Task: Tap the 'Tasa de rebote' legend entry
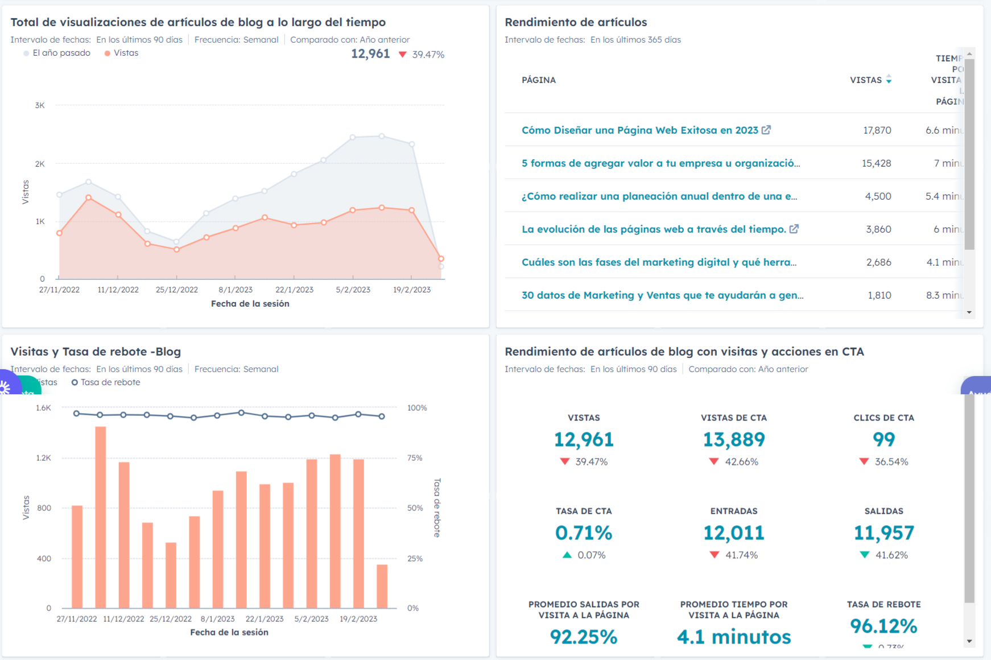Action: click(x=110, y=382)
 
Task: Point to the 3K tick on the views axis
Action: click(x=40, y=105)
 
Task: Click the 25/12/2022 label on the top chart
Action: click(x=176, y=290)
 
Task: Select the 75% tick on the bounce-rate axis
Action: click(x=415, y=458)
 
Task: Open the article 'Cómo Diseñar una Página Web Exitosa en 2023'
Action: click(x=639, y=130)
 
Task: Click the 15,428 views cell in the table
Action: click(x=876, y=163)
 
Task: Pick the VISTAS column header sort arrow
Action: click(x=889, y=80)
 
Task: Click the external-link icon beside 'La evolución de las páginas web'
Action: click(x=794, y=229)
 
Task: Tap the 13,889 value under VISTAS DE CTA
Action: click(x=734, y=439)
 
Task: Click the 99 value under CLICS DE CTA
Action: click(x=883, y=439)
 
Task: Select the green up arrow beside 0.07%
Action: click(x=567, y=555)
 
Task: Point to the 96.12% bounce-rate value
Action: click(x=883, y=626)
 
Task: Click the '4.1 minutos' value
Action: click(x=734, y=637)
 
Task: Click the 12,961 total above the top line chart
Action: click(x=370, y=54)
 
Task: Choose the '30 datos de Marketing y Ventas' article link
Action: click(x=662, y=295)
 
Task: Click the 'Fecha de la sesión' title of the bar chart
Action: click(x=229, y=632)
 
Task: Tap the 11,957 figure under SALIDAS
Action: click(x=883, y=533)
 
